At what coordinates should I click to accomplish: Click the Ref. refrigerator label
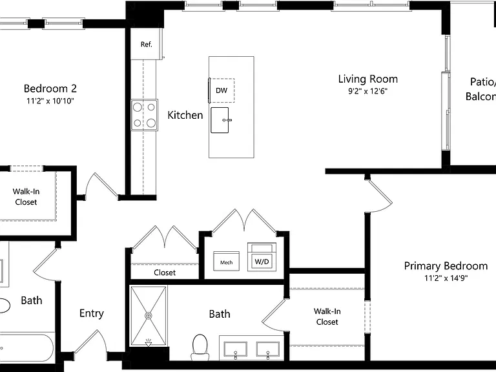(x=147, y=45)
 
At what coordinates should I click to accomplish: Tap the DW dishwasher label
(x=222, y=90)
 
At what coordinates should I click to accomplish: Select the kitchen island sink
(x=220, y=120)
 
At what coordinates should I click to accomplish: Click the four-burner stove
(x=145, y=115)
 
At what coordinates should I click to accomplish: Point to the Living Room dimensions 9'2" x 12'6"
(x=368, y=92)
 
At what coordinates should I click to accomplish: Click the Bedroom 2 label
(x=50, y=88)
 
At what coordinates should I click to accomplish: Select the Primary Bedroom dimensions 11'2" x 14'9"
(x=446, y=278)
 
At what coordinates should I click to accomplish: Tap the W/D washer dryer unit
(x=262, y=257)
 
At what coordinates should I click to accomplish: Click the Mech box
(x=227, y=262)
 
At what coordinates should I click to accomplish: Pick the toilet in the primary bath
(x=200, y=347)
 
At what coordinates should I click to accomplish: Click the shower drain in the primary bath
(x=149, y=315)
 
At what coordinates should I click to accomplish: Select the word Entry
(x=92, y=313)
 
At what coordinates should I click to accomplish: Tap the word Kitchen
(x=185, y=115)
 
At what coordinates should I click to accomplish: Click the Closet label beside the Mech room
(x=165, y=273)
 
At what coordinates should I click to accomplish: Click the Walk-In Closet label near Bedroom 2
(x=26, y=197)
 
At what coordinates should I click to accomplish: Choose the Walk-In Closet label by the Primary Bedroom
(x=327, y=316)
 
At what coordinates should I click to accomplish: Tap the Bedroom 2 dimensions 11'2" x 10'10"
(x=50, y=101)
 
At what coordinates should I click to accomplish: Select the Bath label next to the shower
(x=220, y=314)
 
